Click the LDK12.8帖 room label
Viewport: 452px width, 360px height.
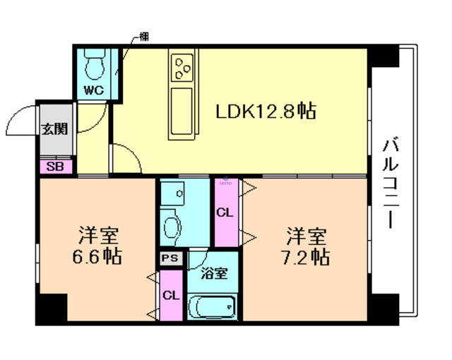click(x=266, y=111)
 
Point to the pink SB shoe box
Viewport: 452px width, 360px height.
click(x=54, y=167)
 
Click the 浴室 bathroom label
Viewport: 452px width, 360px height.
click(x=213, y=272)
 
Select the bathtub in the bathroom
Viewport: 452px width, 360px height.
click(x=213, y=306)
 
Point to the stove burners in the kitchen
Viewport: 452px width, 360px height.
click(x=182, y=68)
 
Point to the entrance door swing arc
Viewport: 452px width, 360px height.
click(x=21, y=120)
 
